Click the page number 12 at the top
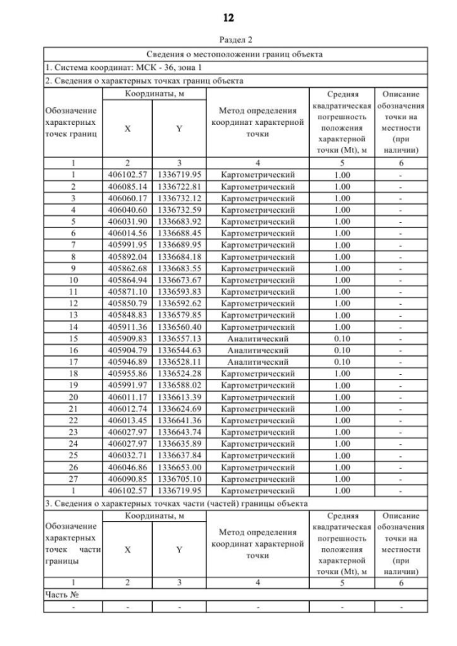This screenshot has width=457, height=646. point(228,15)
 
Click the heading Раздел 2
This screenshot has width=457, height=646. point(228,41)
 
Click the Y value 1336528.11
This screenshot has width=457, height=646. point(179,361)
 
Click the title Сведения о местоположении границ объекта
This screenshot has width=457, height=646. point(235,54)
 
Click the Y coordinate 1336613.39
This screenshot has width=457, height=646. point(179,396)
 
